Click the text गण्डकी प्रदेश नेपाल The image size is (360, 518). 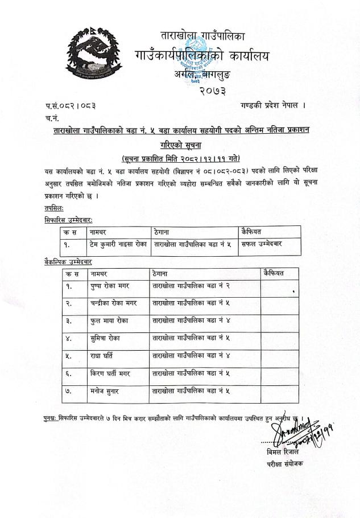[x=273, y=105]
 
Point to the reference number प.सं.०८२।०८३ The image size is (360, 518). [x=71, y=106]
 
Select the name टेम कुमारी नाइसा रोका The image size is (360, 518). [x=118, y=245]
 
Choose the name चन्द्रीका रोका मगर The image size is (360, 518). [x=118, y=303]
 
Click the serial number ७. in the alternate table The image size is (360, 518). [x=68, y=392]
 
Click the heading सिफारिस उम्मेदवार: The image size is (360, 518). [x=68, y=219]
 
